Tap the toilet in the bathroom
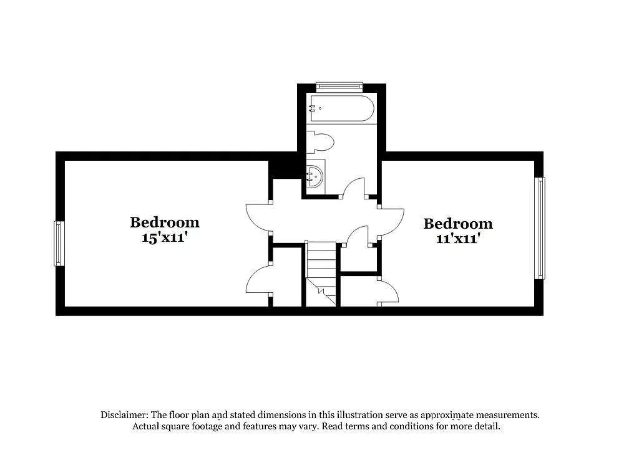(x=321, y=142)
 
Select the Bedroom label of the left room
(x=165, y=222)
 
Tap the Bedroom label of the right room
(x=458, y=224)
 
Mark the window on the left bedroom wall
(x=59, y=243)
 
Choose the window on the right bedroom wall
(x=540, y=228)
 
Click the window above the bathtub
(x=339, y=86)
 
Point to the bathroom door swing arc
(x=355, y=185)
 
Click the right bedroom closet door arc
(x=389, y=292)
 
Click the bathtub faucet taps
(x=312, y=108)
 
